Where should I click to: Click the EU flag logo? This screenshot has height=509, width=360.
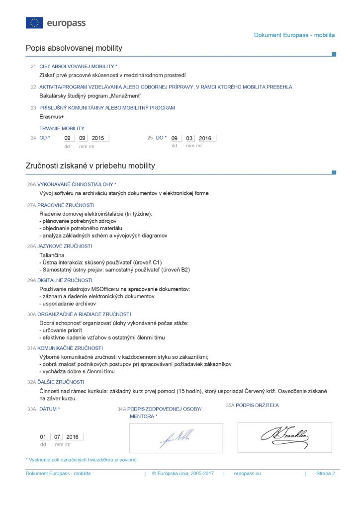tap(34, 23)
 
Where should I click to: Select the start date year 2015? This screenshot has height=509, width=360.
tap(98, 138)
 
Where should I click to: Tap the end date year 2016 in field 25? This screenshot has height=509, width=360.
tap(205, 138)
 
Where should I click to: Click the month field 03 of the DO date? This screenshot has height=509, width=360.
tap(189, 138)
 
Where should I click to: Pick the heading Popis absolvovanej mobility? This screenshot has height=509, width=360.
tap(74, 48)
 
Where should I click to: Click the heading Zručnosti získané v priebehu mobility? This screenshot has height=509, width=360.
tap(90, 166)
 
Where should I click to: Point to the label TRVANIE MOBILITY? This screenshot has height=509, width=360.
tap(62, 128)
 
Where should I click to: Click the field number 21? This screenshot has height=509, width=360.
tap(33, 66)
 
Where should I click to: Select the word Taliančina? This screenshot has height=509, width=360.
tap(52, 255)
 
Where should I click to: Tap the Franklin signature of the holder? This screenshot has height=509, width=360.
tap(284, 436)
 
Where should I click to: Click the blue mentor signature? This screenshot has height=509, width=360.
tap(177, 438)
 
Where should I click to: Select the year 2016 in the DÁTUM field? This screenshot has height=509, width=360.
tap(73, 437)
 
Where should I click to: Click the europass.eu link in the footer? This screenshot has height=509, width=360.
tap(247, 474)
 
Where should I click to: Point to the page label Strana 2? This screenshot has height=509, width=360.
tap(325, 474)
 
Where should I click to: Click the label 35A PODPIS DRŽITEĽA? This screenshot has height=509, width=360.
tap(253, 406)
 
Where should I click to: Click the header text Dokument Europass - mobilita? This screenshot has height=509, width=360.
tap(294, 35)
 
